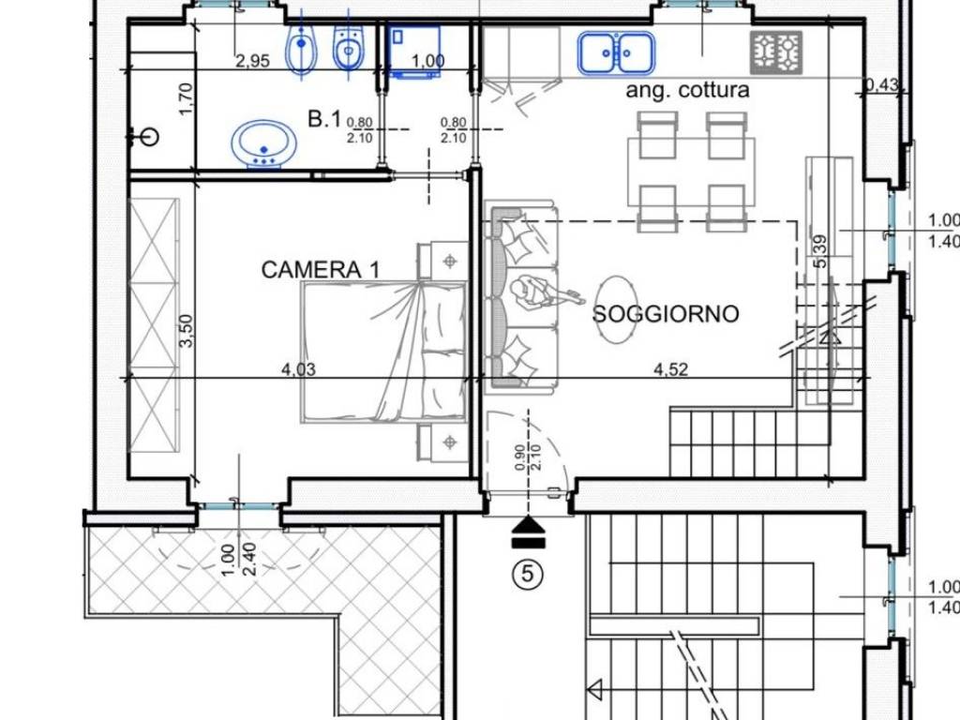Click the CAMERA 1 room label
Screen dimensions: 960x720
point(321,269)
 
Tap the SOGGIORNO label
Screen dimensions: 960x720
point(666,313)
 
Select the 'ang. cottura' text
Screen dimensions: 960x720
point(687,90)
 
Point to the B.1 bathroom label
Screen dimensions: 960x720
point(323,118)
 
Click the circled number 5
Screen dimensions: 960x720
point(528,574)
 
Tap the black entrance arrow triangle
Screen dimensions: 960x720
point(528,524)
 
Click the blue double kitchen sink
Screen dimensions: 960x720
point(617,53)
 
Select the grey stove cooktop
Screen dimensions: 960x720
point(776,53)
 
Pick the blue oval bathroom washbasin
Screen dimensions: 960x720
point(263,143)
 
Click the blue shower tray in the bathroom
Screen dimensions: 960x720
point(415,52)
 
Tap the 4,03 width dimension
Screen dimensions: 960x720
point(298,369)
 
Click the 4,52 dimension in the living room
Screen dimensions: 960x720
point(670,369)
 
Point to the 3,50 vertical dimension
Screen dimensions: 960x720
point(187,331)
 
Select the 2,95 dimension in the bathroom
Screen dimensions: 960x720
point(253,61)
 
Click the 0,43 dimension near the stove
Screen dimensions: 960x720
point(881,83)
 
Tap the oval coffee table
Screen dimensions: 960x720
point(617,309)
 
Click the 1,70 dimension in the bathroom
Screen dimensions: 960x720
point(187,98)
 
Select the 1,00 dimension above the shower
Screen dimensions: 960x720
point(427,61)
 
